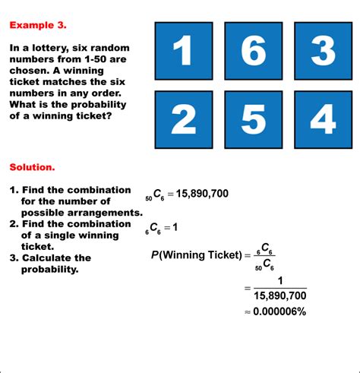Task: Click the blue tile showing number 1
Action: [183, 51]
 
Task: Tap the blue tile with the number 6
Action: [253, 51]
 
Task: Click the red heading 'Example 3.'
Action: [38, 25]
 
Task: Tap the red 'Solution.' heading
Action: [32, 166]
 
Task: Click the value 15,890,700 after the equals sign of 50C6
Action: [202, 194]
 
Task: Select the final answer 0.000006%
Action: [274, 311]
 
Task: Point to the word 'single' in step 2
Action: [49, 235]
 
